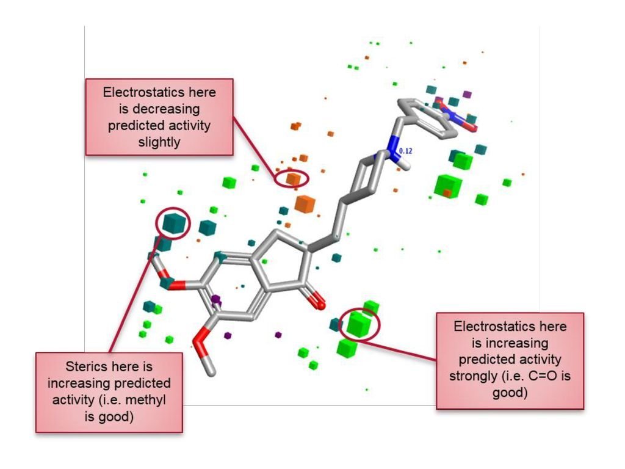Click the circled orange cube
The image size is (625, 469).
294,178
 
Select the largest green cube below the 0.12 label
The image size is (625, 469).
447,184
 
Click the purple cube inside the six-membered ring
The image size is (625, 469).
215,299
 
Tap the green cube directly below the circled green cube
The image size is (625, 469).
347,347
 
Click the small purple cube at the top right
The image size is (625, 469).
468,95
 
